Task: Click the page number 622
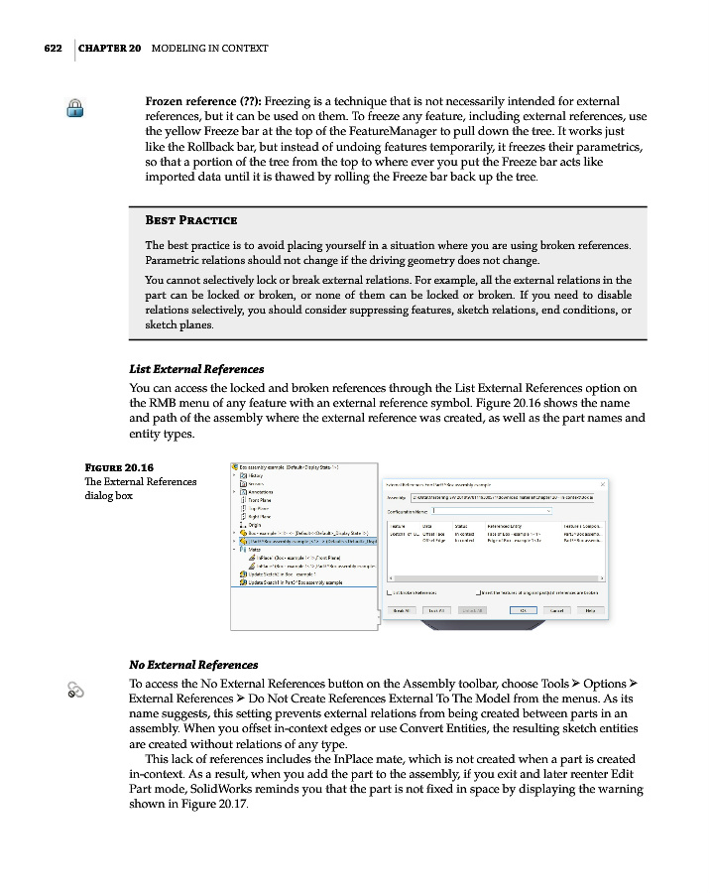pos(53,48)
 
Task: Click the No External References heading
pos(193,664)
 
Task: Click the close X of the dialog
pos(604,484)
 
